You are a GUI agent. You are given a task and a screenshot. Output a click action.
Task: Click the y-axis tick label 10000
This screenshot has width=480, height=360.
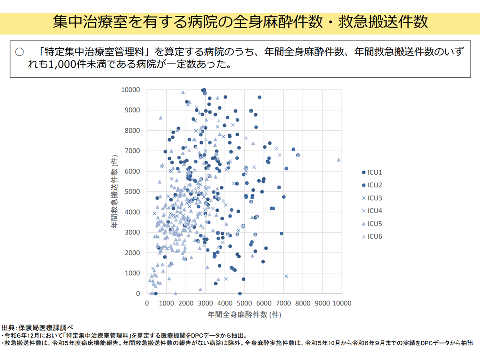click(x=130, y=90)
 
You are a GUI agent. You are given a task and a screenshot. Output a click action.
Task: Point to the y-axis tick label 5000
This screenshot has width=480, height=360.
click(x=132, y=192)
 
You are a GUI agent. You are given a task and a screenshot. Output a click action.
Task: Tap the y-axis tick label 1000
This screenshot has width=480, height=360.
click(x=132, y=273)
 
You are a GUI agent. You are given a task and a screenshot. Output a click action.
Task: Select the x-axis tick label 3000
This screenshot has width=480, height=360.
click(x=205, y=303)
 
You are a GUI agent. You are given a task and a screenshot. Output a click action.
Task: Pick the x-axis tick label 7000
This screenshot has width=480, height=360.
click(x=283, y=303)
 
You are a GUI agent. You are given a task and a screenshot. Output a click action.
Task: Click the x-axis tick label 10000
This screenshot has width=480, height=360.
click(x=342, y=303)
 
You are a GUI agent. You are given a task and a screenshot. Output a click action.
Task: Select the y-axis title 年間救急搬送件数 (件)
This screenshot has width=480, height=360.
click(x=114, y=191)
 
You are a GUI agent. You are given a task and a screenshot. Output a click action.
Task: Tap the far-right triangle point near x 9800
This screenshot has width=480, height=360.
click(x=339, y=160)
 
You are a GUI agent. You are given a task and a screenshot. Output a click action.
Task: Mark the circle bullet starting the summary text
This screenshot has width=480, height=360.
click(x=20, y=52)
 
